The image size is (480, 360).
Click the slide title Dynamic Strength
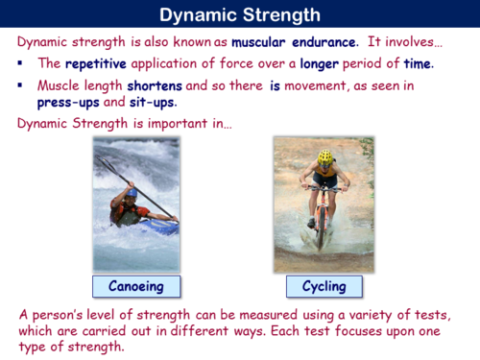240,14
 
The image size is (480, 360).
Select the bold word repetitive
97,64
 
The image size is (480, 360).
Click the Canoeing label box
135,286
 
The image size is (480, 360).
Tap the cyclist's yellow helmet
325,156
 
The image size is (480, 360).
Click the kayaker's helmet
131,192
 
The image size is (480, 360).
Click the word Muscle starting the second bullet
59,85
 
